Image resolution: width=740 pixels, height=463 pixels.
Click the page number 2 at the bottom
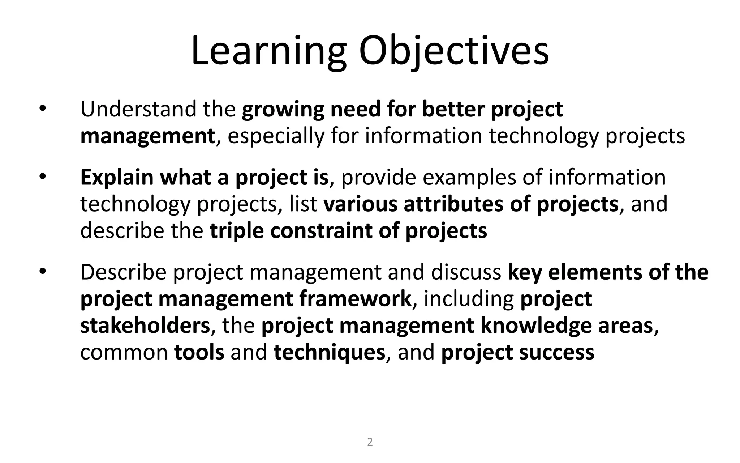pos(370,442)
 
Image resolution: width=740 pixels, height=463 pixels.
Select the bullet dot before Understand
pos(43,109)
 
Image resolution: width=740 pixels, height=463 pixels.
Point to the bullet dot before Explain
pos(43,177)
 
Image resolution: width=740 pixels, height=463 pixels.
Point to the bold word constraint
pos(321,231)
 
